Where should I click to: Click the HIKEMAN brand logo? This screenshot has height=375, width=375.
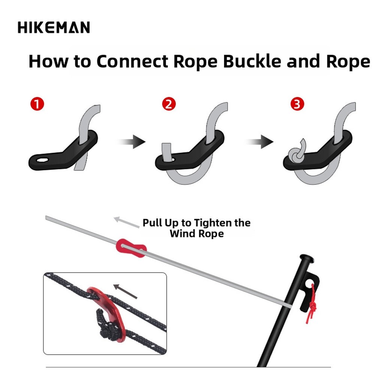click(54, 27)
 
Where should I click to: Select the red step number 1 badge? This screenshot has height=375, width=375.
click(37, 104)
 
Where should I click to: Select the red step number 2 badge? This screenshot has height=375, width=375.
click(169, 104)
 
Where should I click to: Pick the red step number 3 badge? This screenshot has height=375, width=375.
click(297, 104)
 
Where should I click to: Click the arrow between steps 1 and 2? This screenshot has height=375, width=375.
click(131, 142)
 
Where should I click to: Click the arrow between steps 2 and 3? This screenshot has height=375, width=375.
click(260, 142)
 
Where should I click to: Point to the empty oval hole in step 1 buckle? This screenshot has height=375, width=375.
click(43, 160)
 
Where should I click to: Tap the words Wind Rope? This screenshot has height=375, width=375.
click(197, 234)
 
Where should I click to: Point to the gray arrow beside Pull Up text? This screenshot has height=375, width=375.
click(127, 222)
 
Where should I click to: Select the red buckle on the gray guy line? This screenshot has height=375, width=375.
click(131, 248)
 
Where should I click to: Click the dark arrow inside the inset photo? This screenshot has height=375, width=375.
click(125, 291)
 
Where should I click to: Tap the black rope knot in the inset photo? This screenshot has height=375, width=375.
click(106, 326)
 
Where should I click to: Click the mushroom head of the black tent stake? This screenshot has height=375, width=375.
click(307, 258)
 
